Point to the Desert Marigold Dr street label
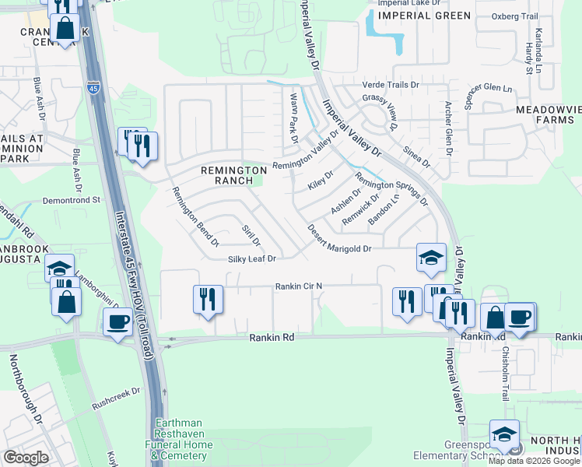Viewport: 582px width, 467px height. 340,240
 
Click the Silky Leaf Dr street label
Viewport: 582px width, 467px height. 253,259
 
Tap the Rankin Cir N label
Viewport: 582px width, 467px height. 298,286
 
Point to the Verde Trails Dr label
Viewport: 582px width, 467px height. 391,85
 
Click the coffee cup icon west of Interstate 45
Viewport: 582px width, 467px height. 117,321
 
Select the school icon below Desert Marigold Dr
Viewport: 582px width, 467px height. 430,258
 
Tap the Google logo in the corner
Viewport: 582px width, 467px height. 26,458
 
